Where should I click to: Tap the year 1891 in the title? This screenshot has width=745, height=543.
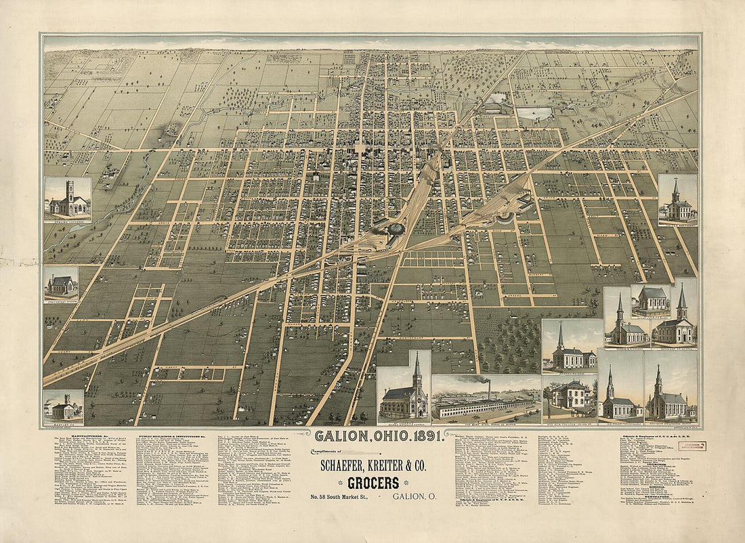423,435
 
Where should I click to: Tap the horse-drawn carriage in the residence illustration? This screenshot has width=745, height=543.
582,409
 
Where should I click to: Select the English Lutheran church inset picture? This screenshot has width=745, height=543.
68,200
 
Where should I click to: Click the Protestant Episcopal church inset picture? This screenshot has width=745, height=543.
61,284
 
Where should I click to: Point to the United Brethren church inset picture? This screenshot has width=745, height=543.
678,200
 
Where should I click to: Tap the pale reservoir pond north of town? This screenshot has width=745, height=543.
535,114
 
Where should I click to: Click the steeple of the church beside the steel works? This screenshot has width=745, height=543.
417,369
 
